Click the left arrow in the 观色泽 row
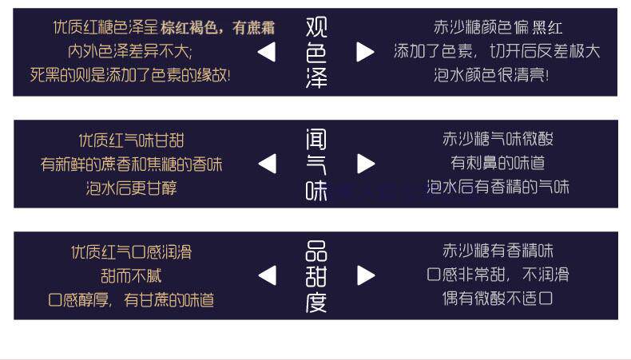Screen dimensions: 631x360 click(267, 53)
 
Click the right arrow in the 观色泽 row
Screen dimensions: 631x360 click(365, 53)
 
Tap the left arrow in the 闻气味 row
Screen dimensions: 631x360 click(268, 164)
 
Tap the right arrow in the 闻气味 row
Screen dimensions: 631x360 click(366, 164)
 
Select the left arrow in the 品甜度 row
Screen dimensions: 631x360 click(268, 275)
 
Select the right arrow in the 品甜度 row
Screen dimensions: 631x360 click(366, 275)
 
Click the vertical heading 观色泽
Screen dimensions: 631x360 click(316, 53)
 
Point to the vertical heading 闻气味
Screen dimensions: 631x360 click(316, 164)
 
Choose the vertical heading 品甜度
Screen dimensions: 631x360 click(316, 276)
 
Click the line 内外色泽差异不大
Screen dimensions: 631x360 click(130, 52)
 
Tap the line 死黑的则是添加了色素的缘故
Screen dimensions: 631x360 click(130, 75)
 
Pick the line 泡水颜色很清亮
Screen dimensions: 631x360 click(491, 75)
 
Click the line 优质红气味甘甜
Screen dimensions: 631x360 click(131, 140)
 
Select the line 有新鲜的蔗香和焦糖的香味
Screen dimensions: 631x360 click(131, 164)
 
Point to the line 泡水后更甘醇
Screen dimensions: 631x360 click(131, 188)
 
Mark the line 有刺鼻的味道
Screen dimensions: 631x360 click(498, 163)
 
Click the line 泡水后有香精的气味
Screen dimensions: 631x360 click(498, 187)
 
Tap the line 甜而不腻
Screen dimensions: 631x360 click(131, 276)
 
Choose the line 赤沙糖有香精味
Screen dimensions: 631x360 click(498, 251)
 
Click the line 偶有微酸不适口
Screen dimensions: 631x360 click(498, 299)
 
